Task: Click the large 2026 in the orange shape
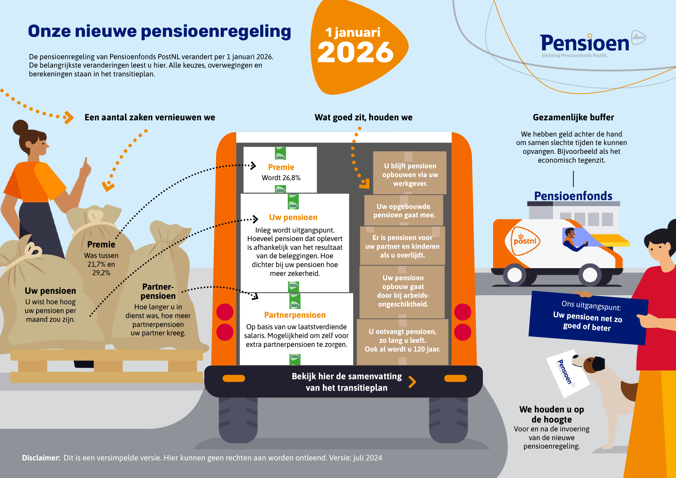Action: coord(355,52)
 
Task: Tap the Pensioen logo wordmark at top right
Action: coord(584,43)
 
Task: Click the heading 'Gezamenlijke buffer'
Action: coord(573,117)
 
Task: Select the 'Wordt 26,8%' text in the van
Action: coord(281,178)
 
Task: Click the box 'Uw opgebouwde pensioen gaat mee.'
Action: coord(404,211)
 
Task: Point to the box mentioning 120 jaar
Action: coord(402,341)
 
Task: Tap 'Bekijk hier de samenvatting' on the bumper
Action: coord(346,377)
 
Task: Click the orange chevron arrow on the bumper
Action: coord(412,382)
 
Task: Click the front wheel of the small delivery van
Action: coord(590,274)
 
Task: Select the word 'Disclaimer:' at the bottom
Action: coord(41,458)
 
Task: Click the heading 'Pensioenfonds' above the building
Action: coord(573,196)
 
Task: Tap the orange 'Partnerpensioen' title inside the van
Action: coord(295,315)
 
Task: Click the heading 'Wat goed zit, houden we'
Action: coord(363,117)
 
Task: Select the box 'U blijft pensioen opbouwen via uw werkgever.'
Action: coord(410,174)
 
